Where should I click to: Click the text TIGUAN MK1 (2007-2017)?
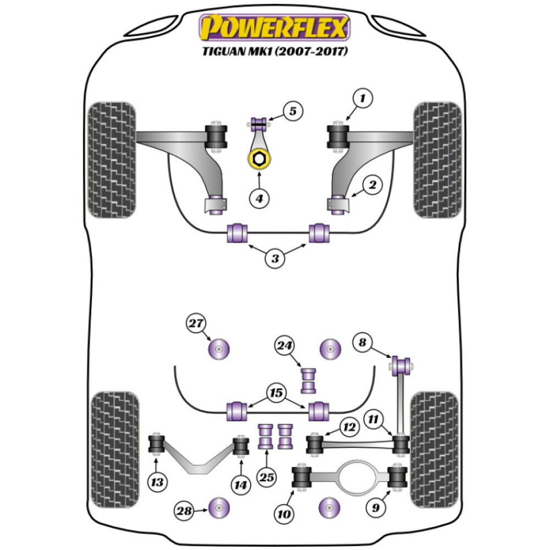coord(274,52)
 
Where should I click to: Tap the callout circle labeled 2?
coord(372,186)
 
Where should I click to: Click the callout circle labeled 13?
coord(157,482)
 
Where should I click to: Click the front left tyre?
coord(112,159)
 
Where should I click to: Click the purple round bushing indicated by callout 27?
coord(219,348)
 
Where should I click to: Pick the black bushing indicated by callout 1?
coord(338,136)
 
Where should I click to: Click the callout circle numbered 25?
coord(267,478)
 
